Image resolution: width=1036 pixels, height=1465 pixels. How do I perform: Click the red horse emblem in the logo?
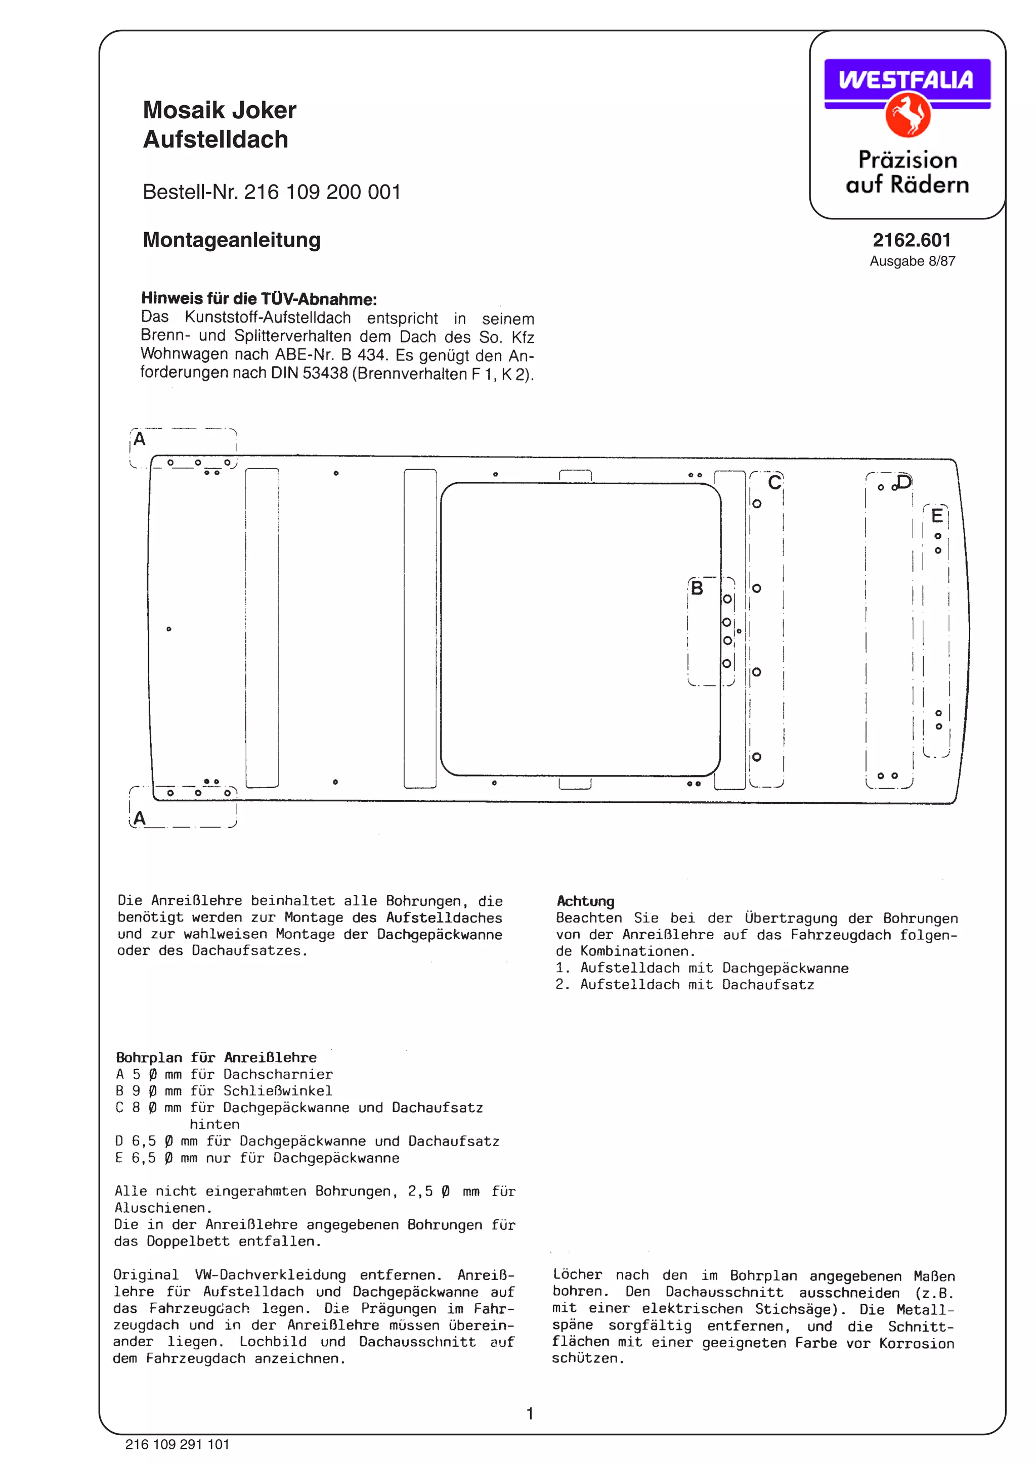coord(907,115)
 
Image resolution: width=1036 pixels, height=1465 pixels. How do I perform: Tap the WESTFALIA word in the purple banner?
coord(906,80)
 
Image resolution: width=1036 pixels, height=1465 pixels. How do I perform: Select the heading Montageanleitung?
coord(231,240)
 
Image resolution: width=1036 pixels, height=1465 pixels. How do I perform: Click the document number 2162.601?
coord(912,240)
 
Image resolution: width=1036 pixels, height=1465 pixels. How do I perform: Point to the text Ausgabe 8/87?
coord(912,261)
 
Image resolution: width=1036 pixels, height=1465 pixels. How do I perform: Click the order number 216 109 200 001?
coord(322,192)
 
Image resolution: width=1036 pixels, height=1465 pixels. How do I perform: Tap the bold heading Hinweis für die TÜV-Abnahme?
coord(258,299)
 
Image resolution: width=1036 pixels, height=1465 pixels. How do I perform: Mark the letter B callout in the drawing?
coord(697,587)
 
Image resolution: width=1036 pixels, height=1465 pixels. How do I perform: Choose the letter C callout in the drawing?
coord(774,482)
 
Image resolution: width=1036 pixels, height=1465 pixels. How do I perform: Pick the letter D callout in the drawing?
coord(904,481)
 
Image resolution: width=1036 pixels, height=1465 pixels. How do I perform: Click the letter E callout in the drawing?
coord(936,515)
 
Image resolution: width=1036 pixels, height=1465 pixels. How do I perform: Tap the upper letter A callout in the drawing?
coord(139,439)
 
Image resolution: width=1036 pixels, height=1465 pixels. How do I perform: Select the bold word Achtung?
coord(585,901)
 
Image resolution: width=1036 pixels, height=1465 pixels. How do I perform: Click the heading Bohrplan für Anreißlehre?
coord(216,1057)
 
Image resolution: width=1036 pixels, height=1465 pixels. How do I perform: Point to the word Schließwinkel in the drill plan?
coord(277,1090)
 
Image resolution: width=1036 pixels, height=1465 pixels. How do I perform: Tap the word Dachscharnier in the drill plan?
coord(277,1074)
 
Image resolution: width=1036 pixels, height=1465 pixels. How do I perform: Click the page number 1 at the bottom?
coord(529,1414)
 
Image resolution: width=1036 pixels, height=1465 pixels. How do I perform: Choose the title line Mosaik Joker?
coord(220,110)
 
